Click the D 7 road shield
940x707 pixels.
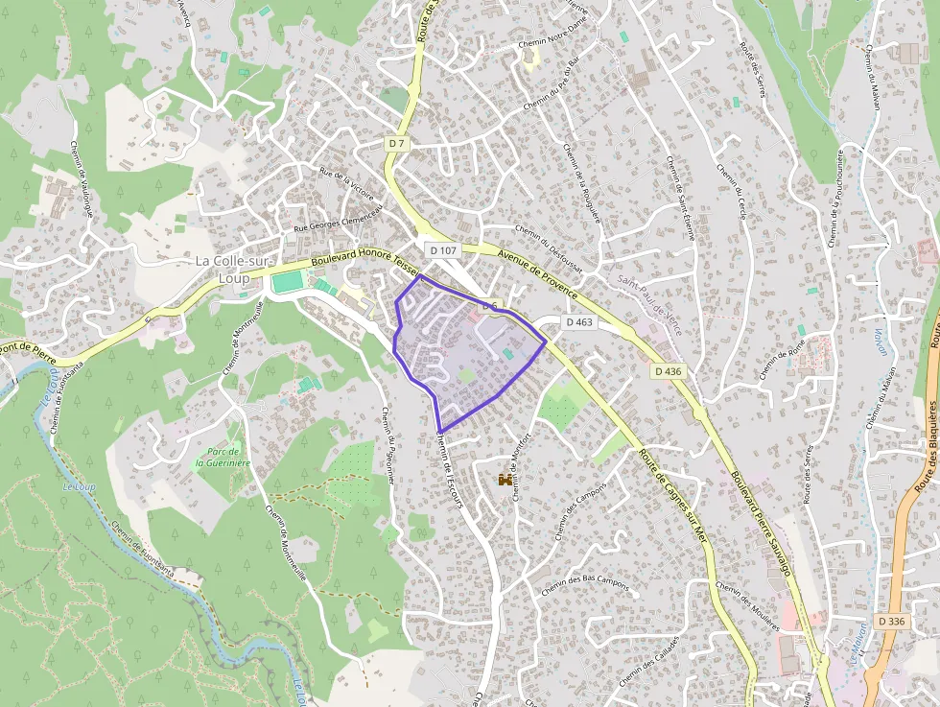[398, 143]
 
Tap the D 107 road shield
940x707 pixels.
[444, 249]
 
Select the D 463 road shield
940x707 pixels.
[579, 322]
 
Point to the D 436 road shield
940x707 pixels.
[669, 370]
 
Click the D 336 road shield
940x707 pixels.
[891, 622]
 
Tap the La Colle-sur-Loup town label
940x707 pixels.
[222, 270]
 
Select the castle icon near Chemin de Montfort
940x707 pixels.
[504, 477]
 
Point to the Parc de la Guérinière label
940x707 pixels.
[223, 457]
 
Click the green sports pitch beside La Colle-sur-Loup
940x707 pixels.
[287, 282]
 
